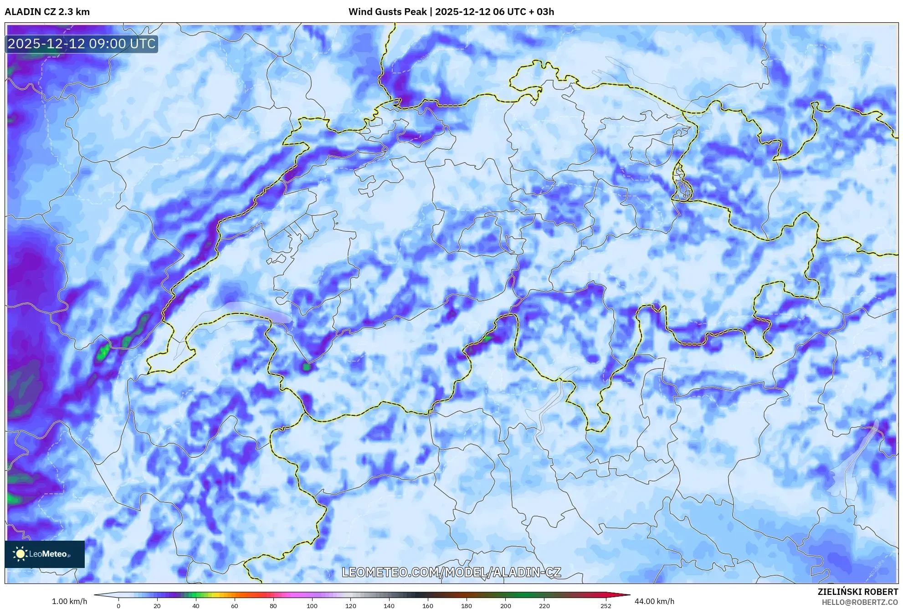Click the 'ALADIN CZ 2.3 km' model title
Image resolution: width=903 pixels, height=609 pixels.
tap(47, 12)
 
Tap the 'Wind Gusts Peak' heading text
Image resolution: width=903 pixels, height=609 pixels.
tap(387, 12)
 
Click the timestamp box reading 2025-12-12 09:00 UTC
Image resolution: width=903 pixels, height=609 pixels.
tap(82, 44)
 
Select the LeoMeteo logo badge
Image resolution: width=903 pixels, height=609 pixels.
tap(45, 554)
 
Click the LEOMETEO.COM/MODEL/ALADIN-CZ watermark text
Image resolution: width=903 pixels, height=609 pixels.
tap(451, 572)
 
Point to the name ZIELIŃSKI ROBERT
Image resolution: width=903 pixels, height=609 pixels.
tap(858, 592)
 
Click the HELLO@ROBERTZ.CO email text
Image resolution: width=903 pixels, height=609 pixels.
tap(860, 602)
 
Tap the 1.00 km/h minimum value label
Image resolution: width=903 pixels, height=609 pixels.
tap(69, 601)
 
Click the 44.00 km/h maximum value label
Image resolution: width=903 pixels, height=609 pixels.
tap(654, 601)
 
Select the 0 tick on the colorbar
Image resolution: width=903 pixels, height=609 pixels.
tap(118, 606)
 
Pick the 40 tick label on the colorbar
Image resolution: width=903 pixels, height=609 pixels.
tap(195, 606)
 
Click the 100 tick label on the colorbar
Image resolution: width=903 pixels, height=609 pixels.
tap(312, 606)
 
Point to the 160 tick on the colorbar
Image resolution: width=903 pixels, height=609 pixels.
tap(428, 606)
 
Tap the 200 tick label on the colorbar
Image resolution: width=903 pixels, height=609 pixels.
tap(505, 606)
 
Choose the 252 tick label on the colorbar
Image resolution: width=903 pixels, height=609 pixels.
tap(605, 606)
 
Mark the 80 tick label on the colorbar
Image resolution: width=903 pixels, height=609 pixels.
tap(273, 606)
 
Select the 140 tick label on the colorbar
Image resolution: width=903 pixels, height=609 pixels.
tap(389, 606)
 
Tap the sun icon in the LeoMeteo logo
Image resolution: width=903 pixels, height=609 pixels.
tap(20, 554)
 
